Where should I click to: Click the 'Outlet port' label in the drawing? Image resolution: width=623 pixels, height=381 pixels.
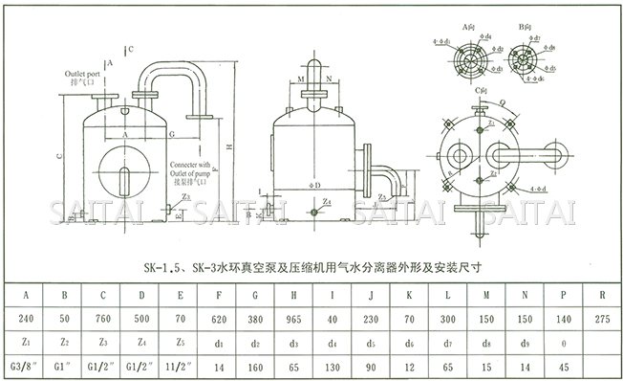(82, 74)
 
